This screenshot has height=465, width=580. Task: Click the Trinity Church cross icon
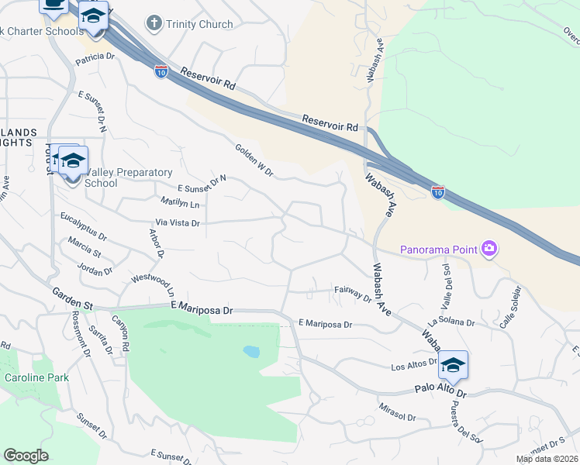click(154, 23)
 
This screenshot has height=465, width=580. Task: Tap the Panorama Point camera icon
click(489, 249)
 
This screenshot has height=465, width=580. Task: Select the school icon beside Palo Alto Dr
click(453, 365)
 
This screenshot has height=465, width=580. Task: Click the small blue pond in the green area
click(251, 352)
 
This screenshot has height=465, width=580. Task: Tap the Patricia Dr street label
click(95, 57)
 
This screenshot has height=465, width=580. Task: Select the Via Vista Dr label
click(178, 222)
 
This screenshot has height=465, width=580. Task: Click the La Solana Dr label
click(450, 321)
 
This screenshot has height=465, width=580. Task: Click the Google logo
click(26, 455)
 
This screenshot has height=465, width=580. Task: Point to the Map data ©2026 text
click(547, 459)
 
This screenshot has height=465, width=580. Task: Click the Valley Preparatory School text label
click(101, 177)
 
